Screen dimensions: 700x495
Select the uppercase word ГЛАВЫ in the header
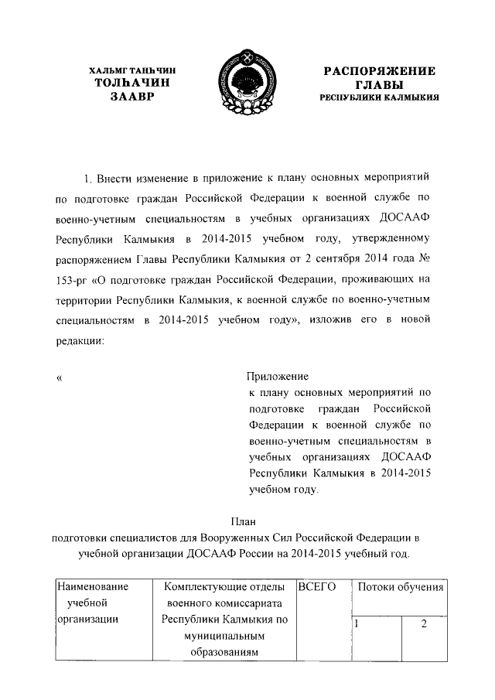point(379,85)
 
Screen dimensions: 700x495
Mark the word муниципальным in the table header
point(225,637)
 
